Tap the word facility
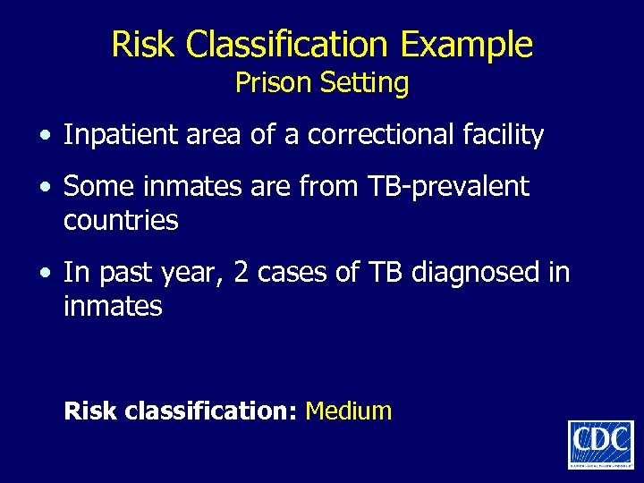point(502,135)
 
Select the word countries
point(121,220)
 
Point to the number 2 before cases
point(239,272)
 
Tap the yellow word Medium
point(349,411)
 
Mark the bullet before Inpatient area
point(45,136)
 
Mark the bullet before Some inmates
point(45,188)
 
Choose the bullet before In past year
point(45,273)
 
